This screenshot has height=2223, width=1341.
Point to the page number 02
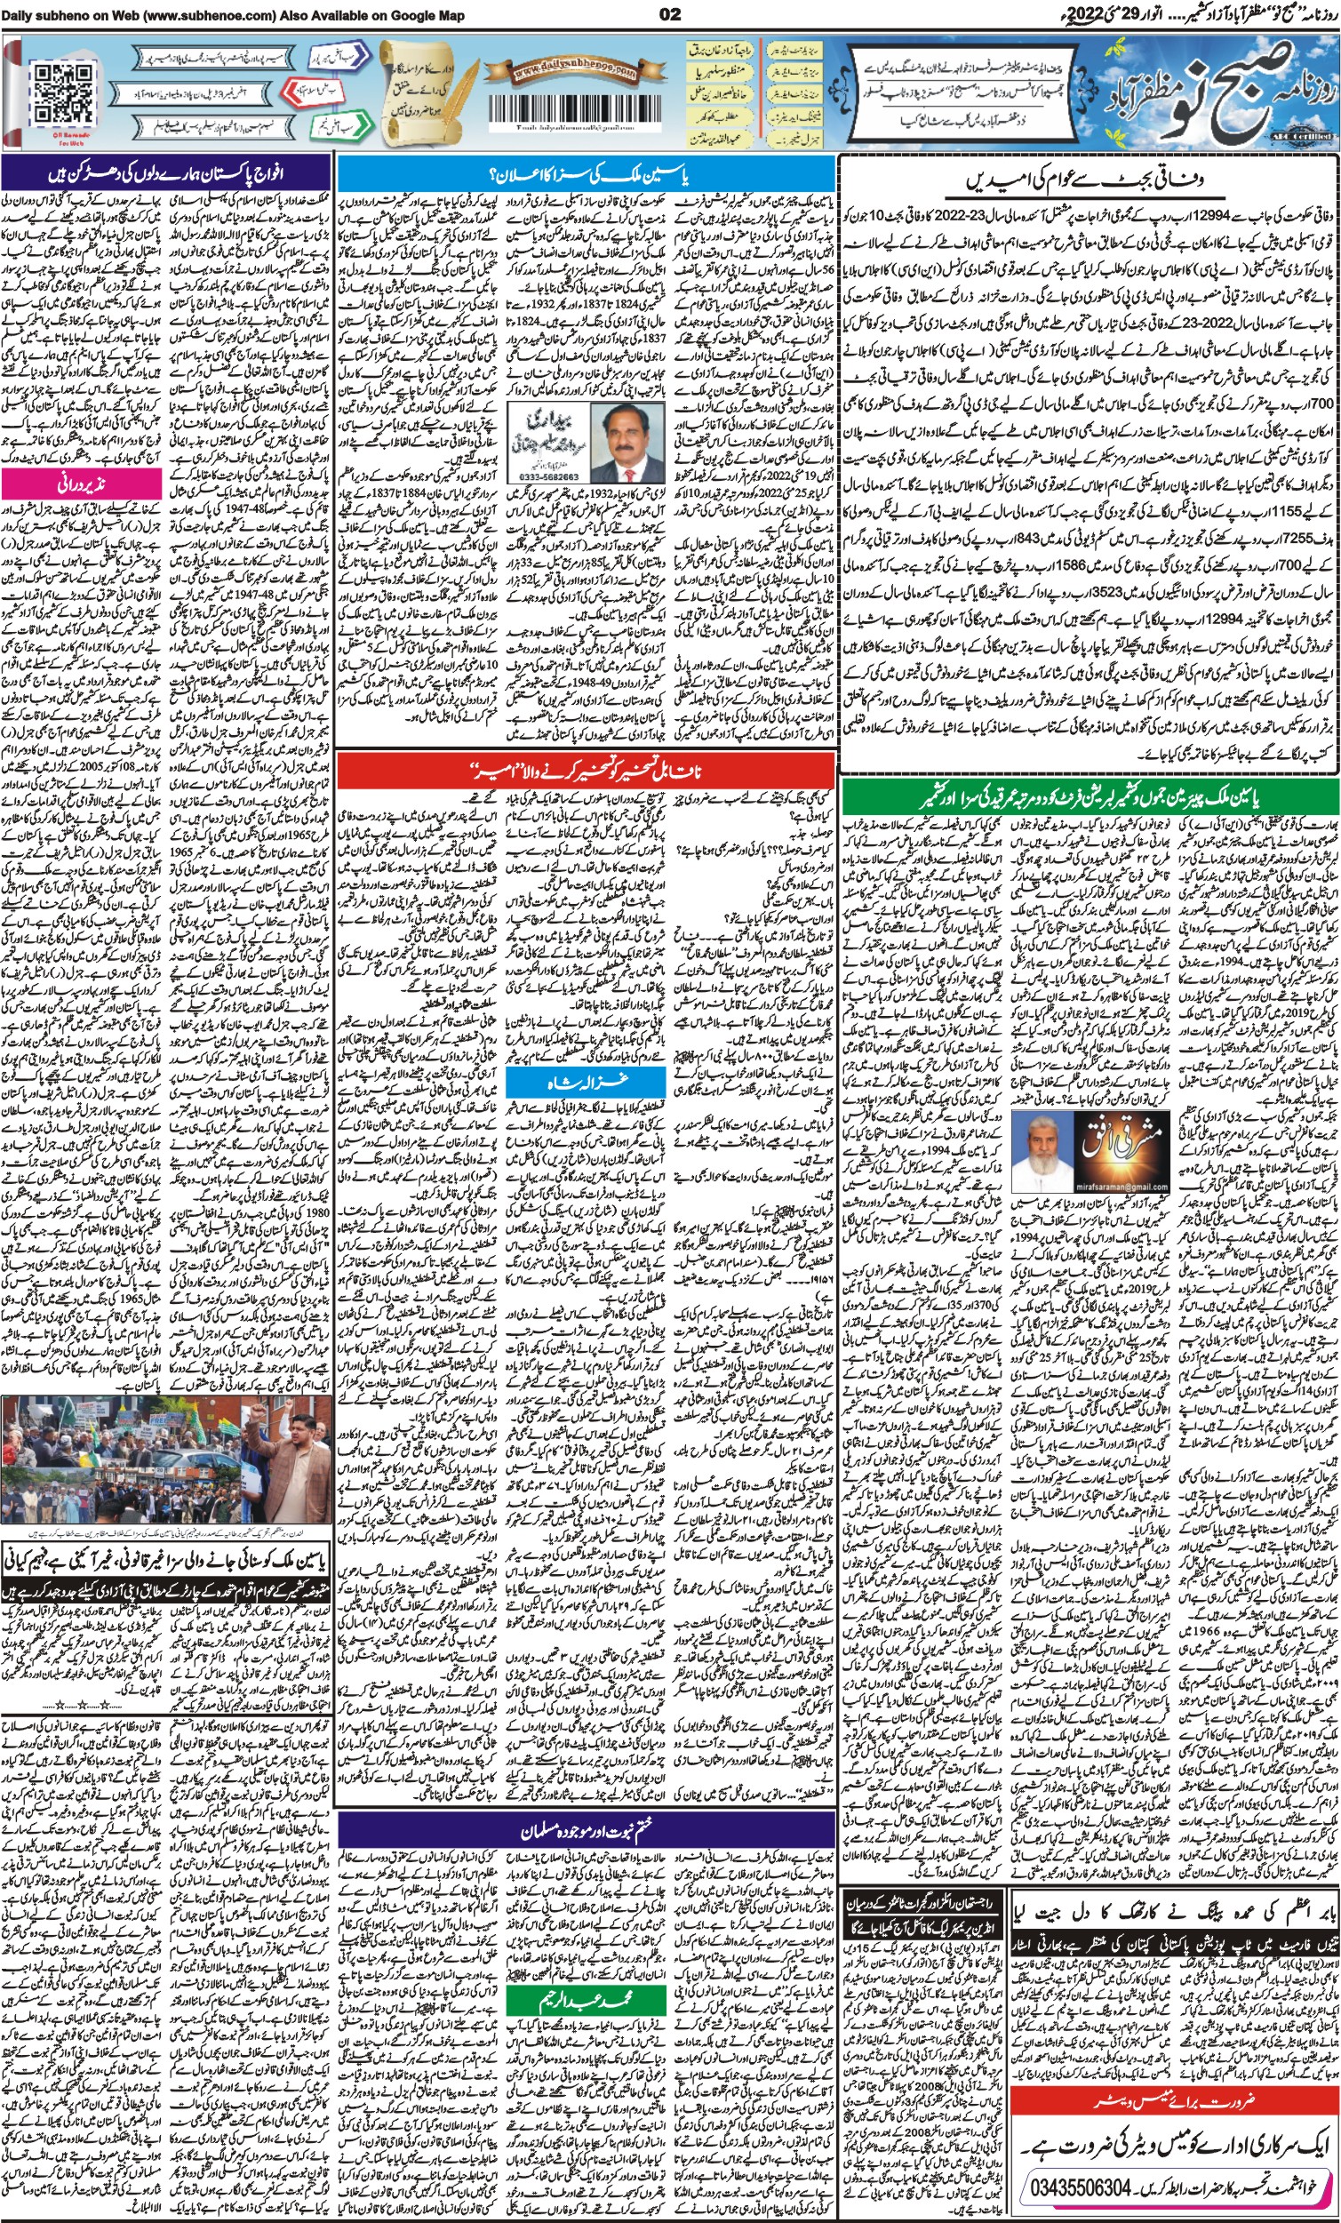670,13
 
